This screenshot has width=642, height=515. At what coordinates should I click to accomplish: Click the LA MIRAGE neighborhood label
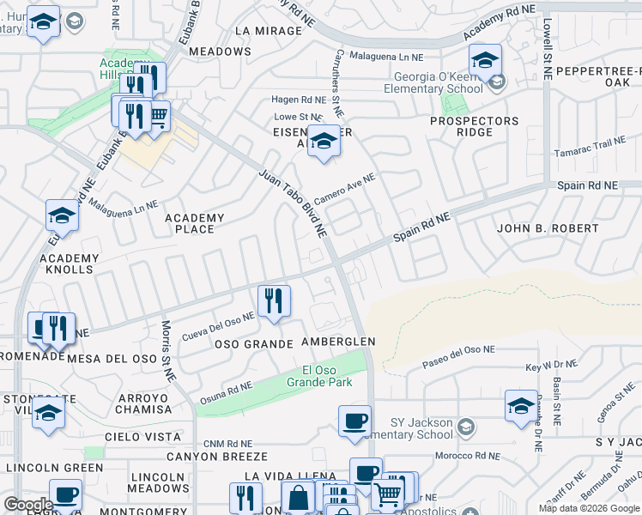268,31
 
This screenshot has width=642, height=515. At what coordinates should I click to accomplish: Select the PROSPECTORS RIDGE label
475,126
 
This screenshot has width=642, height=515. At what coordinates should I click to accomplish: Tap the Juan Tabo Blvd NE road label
294,203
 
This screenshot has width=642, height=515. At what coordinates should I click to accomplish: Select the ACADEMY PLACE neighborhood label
194,223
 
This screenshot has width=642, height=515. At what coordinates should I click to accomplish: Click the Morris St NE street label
167,350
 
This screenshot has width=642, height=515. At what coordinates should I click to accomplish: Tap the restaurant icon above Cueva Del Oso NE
274,300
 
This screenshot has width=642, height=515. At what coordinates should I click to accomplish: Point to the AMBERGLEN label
338,342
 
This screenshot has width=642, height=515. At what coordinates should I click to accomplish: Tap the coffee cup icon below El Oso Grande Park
354,421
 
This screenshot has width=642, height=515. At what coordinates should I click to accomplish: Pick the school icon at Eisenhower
324,142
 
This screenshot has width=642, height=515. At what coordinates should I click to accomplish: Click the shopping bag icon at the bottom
298,497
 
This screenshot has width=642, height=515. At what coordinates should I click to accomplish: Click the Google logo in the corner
27,505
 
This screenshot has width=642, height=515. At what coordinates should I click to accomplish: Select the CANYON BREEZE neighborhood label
217,457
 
